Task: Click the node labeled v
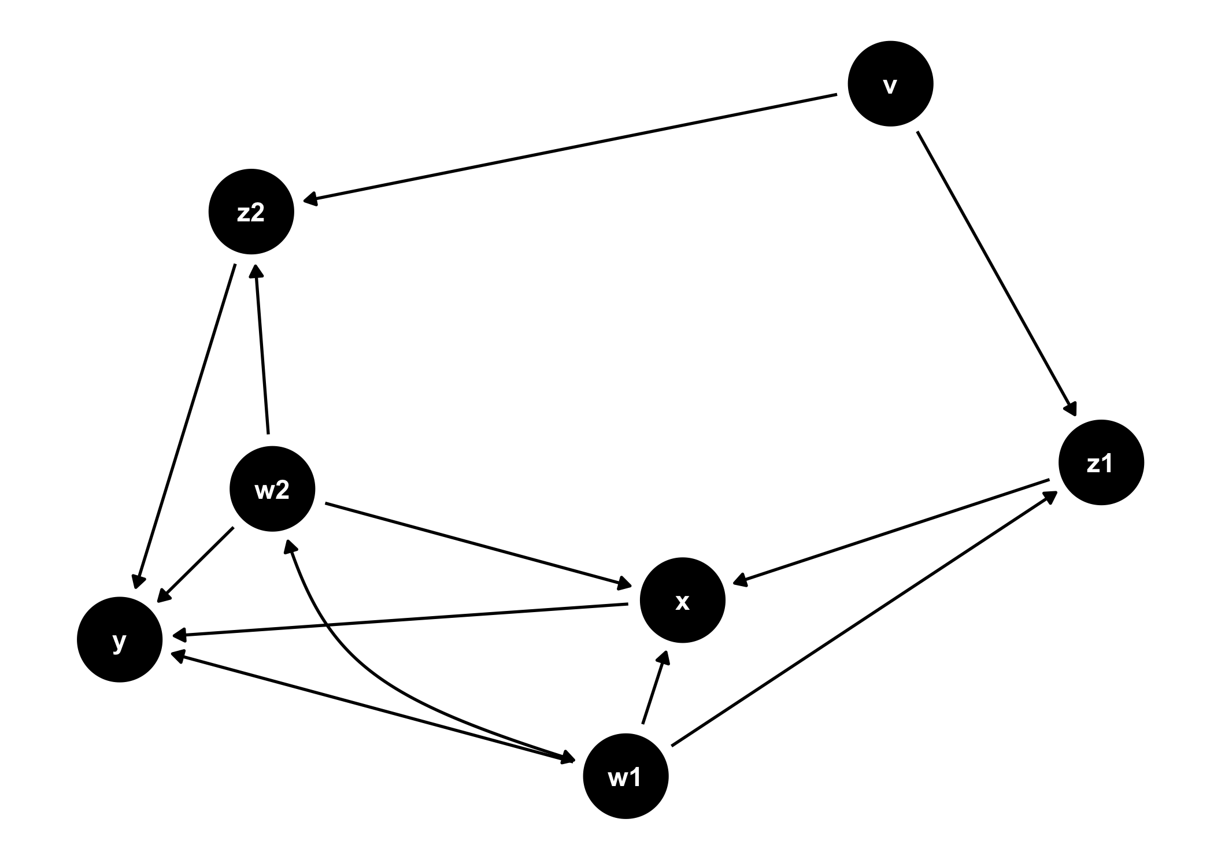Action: pos(890,84)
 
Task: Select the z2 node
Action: pos(251,212)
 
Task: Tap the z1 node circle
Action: pos(1101,462)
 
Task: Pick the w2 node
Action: pos(272,490)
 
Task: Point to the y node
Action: pos(120,639)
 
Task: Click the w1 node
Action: pos(625,776)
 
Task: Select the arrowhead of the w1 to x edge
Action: pos(665,657)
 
